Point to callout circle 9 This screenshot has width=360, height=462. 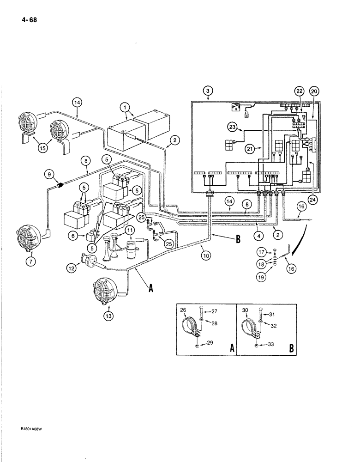coord(49,175)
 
